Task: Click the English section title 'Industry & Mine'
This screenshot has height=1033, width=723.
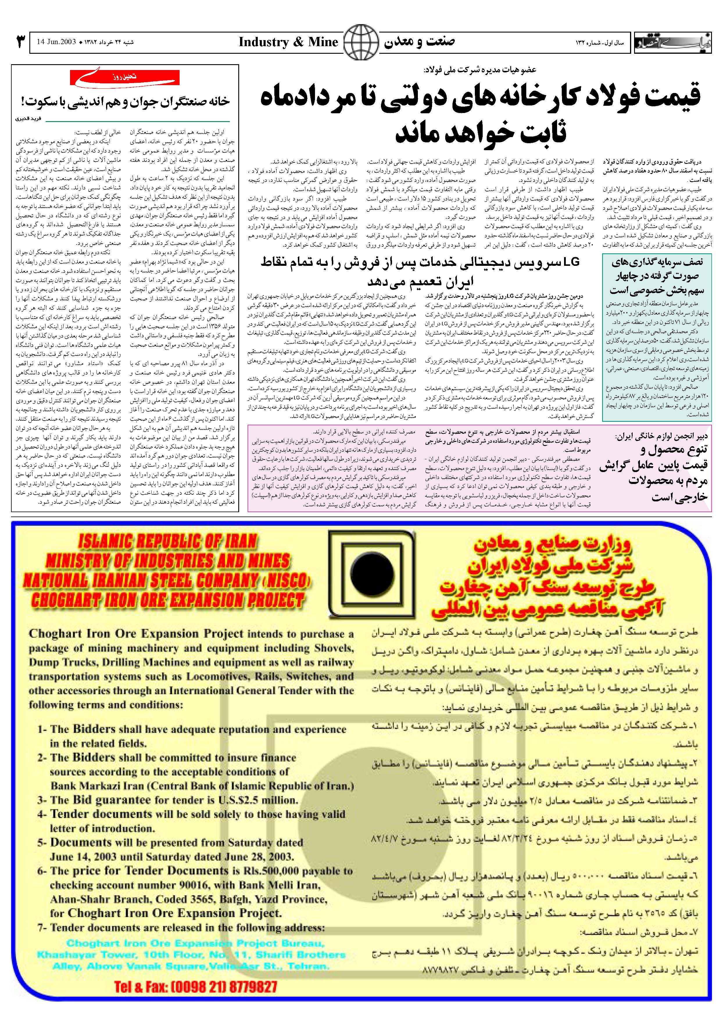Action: click(288, 42)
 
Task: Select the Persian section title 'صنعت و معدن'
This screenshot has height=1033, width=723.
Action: click(420, 42)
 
